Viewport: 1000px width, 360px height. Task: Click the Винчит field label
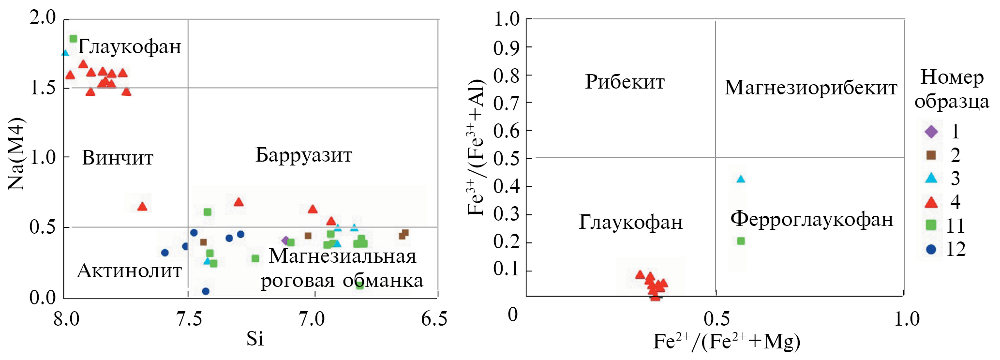coord(118,158)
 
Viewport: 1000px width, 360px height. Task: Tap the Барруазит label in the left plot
coord(304,155)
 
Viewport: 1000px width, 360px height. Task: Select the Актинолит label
coord(129,270)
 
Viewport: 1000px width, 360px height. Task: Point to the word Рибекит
coord(625,82)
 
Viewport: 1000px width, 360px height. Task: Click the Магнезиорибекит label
coord(810,88)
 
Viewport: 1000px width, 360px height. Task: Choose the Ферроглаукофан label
coord(811,219)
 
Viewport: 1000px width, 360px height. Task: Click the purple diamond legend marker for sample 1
coord(931,132)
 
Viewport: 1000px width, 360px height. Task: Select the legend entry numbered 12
coord(955,249)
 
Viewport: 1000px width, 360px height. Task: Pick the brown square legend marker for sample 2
coord(931,155)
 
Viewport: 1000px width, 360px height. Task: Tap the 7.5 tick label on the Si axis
coord(189,319)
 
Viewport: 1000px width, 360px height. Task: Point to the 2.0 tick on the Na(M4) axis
coord(43,17)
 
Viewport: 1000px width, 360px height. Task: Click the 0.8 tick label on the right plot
coord(506,75)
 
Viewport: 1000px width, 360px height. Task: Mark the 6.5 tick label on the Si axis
coord(434,319)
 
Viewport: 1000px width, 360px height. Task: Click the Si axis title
coord(255,339)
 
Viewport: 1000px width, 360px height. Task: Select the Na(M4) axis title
coord(16,154)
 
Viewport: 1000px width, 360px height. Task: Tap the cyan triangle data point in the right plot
coord(740,179)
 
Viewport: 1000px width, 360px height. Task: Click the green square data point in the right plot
coord(741,241)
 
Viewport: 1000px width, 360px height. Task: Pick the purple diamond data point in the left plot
coord(285,240)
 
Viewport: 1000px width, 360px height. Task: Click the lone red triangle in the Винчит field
coord(142,207)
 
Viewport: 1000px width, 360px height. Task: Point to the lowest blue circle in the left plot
coord(206,291)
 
